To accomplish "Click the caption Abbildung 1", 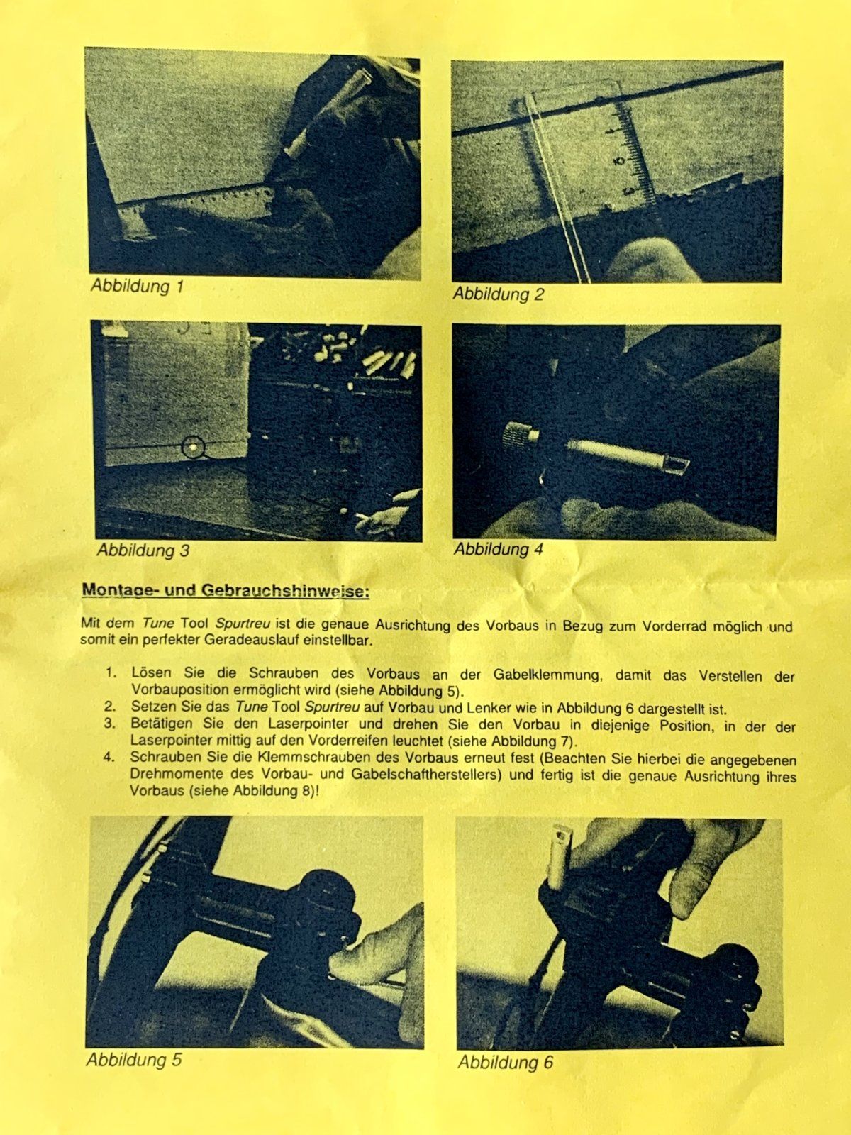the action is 138,286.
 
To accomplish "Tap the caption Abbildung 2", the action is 498,294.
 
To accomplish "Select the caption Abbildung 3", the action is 143,550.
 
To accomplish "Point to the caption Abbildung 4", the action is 498,549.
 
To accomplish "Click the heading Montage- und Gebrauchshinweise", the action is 226,590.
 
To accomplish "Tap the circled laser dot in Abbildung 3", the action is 193,447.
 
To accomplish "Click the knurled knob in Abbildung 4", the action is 520,434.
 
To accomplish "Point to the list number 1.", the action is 111,672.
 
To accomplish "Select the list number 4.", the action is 109,758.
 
